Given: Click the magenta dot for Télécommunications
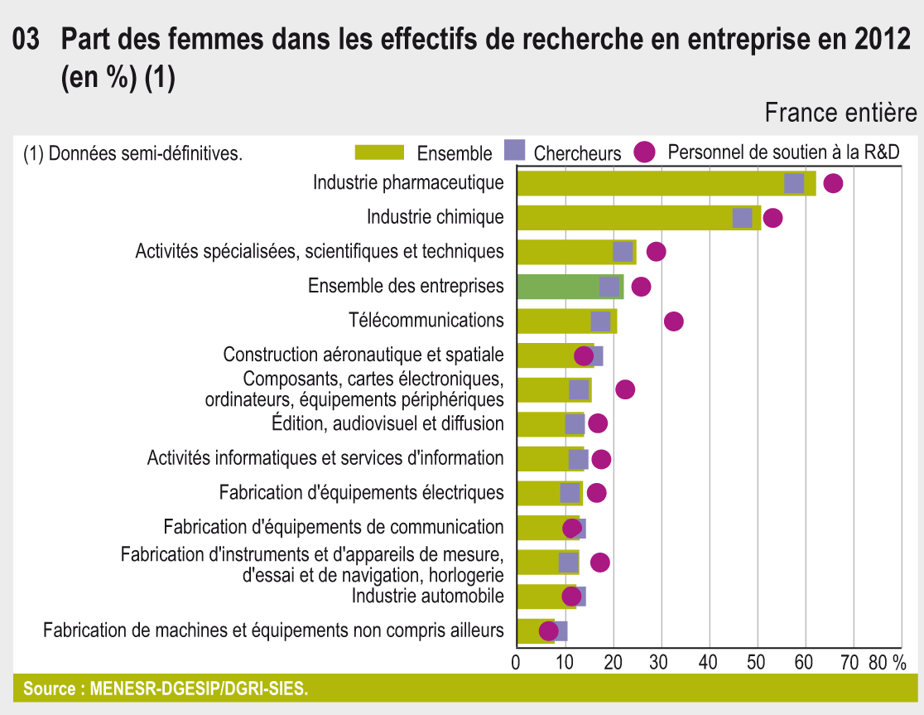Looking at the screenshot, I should point(674,321).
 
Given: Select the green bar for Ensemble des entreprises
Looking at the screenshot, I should point(555,287).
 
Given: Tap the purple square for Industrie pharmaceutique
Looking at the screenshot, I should point(794,184).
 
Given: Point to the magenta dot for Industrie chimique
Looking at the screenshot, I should point(772,218).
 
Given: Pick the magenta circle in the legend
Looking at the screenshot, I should point(645,152).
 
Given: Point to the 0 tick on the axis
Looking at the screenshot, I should point(517,662).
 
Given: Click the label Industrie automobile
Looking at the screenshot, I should point(427,596).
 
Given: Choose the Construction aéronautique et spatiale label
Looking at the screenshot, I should point(363,355).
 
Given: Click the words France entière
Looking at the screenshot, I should point(840,113).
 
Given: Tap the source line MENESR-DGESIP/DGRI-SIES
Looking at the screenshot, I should point(166,688).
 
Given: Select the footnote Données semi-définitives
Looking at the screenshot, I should point(133,153).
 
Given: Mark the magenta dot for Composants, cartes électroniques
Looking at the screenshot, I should point(625,389).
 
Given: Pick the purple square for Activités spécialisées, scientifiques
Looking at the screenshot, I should point(623,252).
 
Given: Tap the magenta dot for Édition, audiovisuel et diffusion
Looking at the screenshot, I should point(598,423).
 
